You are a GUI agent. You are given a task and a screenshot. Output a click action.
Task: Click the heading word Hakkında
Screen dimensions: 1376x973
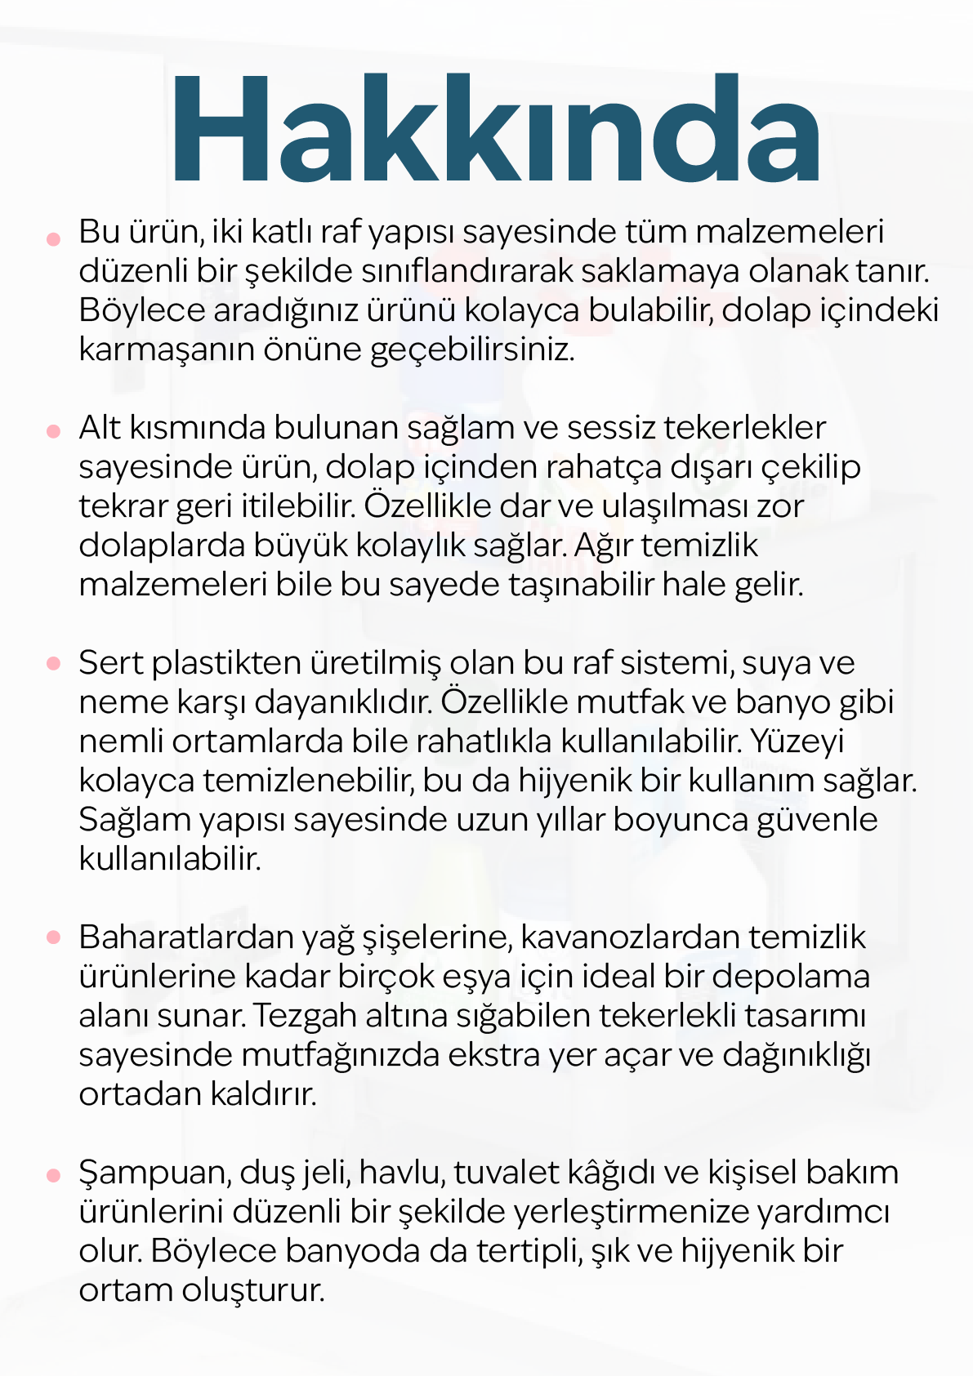pyautogui.click(x=494, y=128)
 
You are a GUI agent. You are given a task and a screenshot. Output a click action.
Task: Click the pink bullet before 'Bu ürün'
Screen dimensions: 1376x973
pyautogui.click(x=54, y=239)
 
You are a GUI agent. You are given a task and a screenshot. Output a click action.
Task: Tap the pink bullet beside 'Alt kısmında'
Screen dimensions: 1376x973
pyautogui.click(x=54, y=430)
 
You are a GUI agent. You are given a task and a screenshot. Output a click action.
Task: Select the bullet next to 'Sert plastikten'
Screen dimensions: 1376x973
pyautogui.click(x=54, y=664)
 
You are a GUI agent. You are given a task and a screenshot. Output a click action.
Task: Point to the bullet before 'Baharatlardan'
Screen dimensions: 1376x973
pyautogui.click(x=54, y=938)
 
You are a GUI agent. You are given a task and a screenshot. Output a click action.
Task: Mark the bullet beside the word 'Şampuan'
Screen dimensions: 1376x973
pyautogui.click(x=54, y=1175)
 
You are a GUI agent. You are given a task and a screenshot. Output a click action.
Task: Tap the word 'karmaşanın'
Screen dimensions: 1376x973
pyautogui.click(x=167, y=350)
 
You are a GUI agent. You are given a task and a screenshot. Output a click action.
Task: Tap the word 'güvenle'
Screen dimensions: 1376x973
pyautogui.click(x=817, y=820)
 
